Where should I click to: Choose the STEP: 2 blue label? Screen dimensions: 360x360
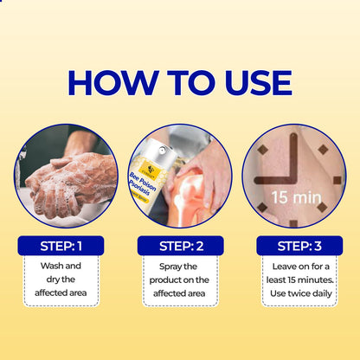coord(179,246)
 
